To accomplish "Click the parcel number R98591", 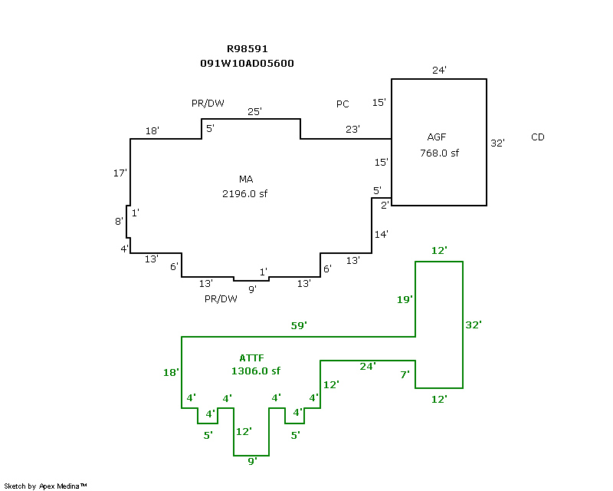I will coord(247,48).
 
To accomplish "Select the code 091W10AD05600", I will coord(247,64).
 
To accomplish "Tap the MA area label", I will coord(246,179).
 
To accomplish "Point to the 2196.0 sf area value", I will coord(245,193).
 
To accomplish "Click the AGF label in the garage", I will coord(436,137).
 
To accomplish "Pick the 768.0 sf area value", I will coord(439,153).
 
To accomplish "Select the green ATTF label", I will coord(252,358).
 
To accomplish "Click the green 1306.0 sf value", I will coord(256,371).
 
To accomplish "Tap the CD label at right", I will coord(538,137).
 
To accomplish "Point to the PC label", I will coord(343,104).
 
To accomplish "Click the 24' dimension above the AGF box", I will coord(439,70).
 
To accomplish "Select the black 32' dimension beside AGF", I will coord(497,143).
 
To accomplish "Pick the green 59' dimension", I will coord(300,326).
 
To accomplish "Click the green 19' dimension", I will coord(405,300).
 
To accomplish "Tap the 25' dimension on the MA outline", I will coord(254,111).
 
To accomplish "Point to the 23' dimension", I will coord(352,130).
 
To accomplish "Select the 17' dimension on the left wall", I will coord(120,173).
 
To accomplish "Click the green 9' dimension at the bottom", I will coord(252,461).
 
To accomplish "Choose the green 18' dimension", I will coord(171,373).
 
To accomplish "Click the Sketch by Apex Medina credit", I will coord(46,486).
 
